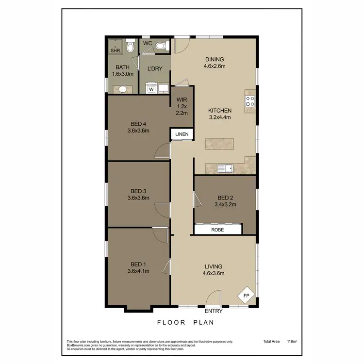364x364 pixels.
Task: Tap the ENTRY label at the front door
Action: point(214,311)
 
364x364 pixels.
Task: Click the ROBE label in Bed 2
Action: point(217,230)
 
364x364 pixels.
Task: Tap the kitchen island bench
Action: point(219,144)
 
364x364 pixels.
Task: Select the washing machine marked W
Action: point(151,89)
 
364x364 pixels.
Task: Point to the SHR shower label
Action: point(115,50)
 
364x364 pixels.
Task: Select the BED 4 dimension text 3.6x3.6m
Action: point(138,130)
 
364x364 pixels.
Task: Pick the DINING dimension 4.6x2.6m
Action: point(214,66)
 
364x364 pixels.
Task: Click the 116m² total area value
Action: point(292,342)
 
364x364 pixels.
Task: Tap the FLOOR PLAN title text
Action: point(186,322)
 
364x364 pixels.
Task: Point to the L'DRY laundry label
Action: point(154,68)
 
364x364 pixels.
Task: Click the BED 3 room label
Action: point(138,191)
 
